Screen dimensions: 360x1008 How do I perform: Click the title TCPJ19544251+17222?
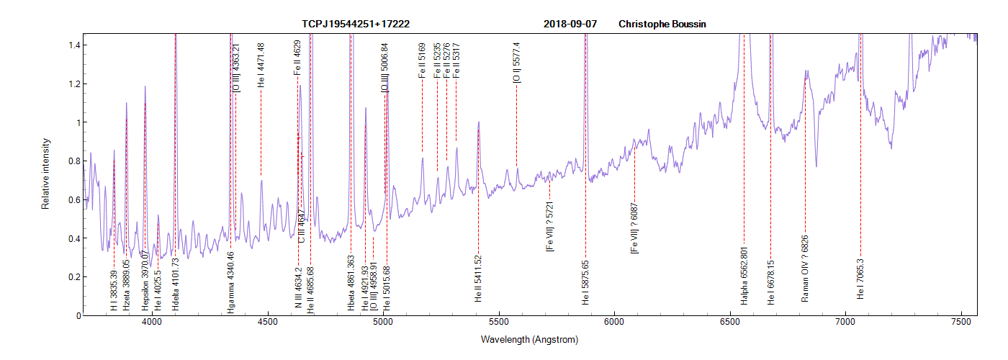coord(356,24)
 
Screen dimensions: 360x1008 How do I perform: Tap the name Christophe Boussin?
coord(662,24)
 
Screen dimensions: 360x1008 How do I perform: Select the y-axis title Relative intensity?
coord(45,174)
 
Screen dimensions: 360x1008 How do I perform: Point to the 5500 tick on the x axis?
coord(498,325)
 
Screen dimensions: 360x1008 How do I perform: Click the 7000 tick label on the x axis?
coord(845,325)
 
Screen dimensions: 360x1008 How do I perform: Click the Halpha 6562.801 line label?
coord(744,276)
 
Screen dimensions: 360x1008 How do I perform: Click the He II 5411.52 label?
coord(478,278)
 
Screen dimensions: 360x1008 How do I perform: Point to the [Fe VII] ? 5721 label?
coord(550,226)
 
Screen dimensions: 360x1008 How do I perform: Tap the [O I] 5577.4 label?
coord(516,62)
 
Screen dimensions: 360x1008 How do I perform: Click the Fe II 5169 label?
coord(422,60)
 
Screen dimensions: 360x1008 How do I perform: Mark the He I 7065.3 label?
coord(860,280)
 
